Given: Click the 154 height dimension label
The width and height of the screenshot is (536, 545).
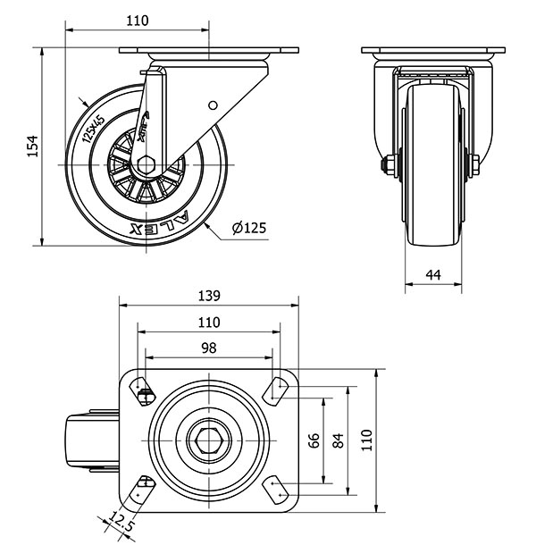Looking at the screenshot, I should click(x=32, y=146).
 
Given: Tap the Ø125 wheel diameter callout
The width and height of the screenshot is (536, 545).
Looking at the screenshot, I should click(x=248, y=228).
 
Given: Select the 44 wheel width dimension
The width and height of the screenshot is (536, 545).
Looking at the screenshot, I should click(x=434, y=276).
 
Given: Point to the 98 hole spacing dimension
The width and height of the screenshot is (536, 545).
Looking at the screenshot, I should click(x=207, y=348).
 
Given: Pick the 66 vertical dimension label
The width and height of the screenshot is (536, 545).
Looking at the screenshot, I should click(x=314, y=440).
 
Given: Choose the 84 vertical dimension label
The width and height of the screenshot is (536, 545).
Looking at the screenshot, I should click(x=338, y=440).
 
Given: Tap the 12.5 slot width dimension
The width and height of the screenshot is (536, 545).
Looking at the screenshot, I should click(x=121, y=521).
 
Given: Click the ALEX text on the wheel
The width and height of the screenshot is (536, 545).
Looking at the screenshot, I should click(x=160, y=219).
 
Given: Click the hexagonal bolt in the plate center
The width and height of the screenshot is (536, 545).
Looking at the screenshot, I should click(x=207, y=440).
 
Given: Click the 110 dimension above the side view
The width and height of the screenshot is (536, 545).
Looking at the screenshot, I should click(x=137, y=21).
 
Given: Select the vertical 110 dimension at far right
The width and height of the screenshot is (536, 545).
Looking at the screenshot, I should click(x=364, y=440).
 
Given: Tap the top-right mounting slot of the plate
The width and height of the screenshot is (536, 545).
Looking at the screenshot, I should click(x=275, y=389).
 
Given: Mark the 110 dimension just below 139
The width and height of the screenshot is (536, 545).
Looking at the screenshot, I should click(x=207, y=323).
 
